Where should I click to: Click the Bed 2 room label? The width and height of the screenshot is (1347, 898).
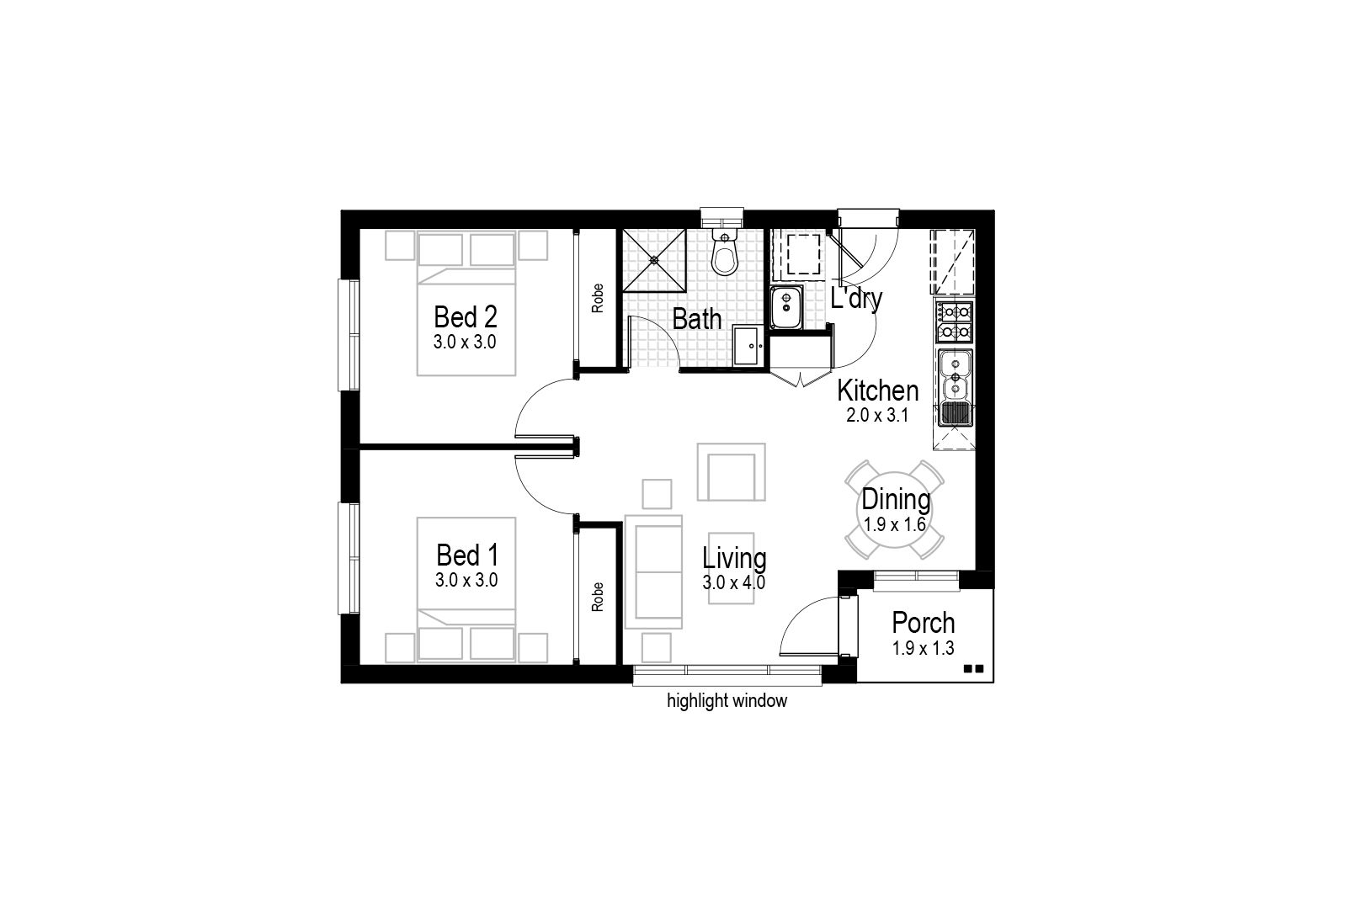click(466, 316)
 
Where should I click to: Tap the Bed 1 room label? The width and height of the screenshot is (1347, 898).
click(467, 555)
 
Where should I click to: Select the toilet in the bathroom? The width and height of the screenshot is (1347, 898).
click(725, 252)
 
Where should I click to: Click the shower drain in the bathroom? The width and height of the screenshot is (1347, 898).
click(653, 260)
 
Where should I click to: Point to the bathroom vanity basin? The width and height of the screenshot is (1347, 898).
click(748, 345)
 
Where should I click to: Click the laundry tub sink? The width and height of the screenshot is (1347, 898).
click(786, 307)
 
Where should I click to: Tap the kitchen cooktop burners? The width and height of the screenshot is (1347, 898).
click(955, 321)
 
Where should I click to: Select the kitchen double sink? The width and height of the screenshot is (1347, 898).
click(955, 374)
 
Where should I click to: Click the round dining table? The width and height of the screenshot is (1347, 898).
click(894, 510)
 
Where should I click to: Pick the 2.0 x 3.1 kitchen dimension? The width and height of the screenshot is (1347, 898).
click(876, 415)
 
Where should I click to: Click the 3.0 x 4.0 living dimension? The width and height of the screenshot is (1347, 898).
click(733, 582)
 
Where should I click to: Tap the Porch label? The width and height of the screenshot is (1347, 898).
click(923, 623)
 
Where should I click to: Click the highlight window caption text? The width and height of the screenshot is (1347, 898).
click(727, 701)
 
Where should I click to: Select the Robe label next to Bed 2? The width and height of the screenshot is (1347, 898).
click(597, 298)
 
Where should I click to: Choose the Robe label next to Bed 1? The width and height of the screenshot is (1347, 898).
click(597, 596)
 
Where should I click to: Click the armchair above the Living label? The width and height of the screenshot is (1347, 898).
click(732, 472)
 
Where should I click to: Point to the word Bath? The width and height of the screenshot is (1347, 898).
click(696, 319)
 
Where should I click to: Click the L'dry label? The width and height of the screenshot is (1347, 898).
click(856, 299)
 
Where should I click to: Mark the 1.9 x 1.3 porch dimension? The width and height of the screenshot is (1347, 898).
click(923, 648)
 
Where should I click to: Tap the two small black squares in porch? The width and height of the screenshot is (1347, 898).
click(973, 668)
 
